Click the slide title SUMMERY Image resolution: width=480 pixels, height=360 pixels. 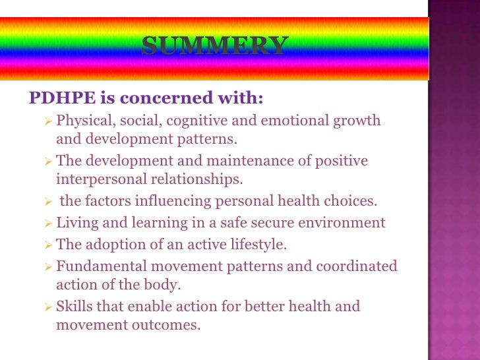tap(214, 45)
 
